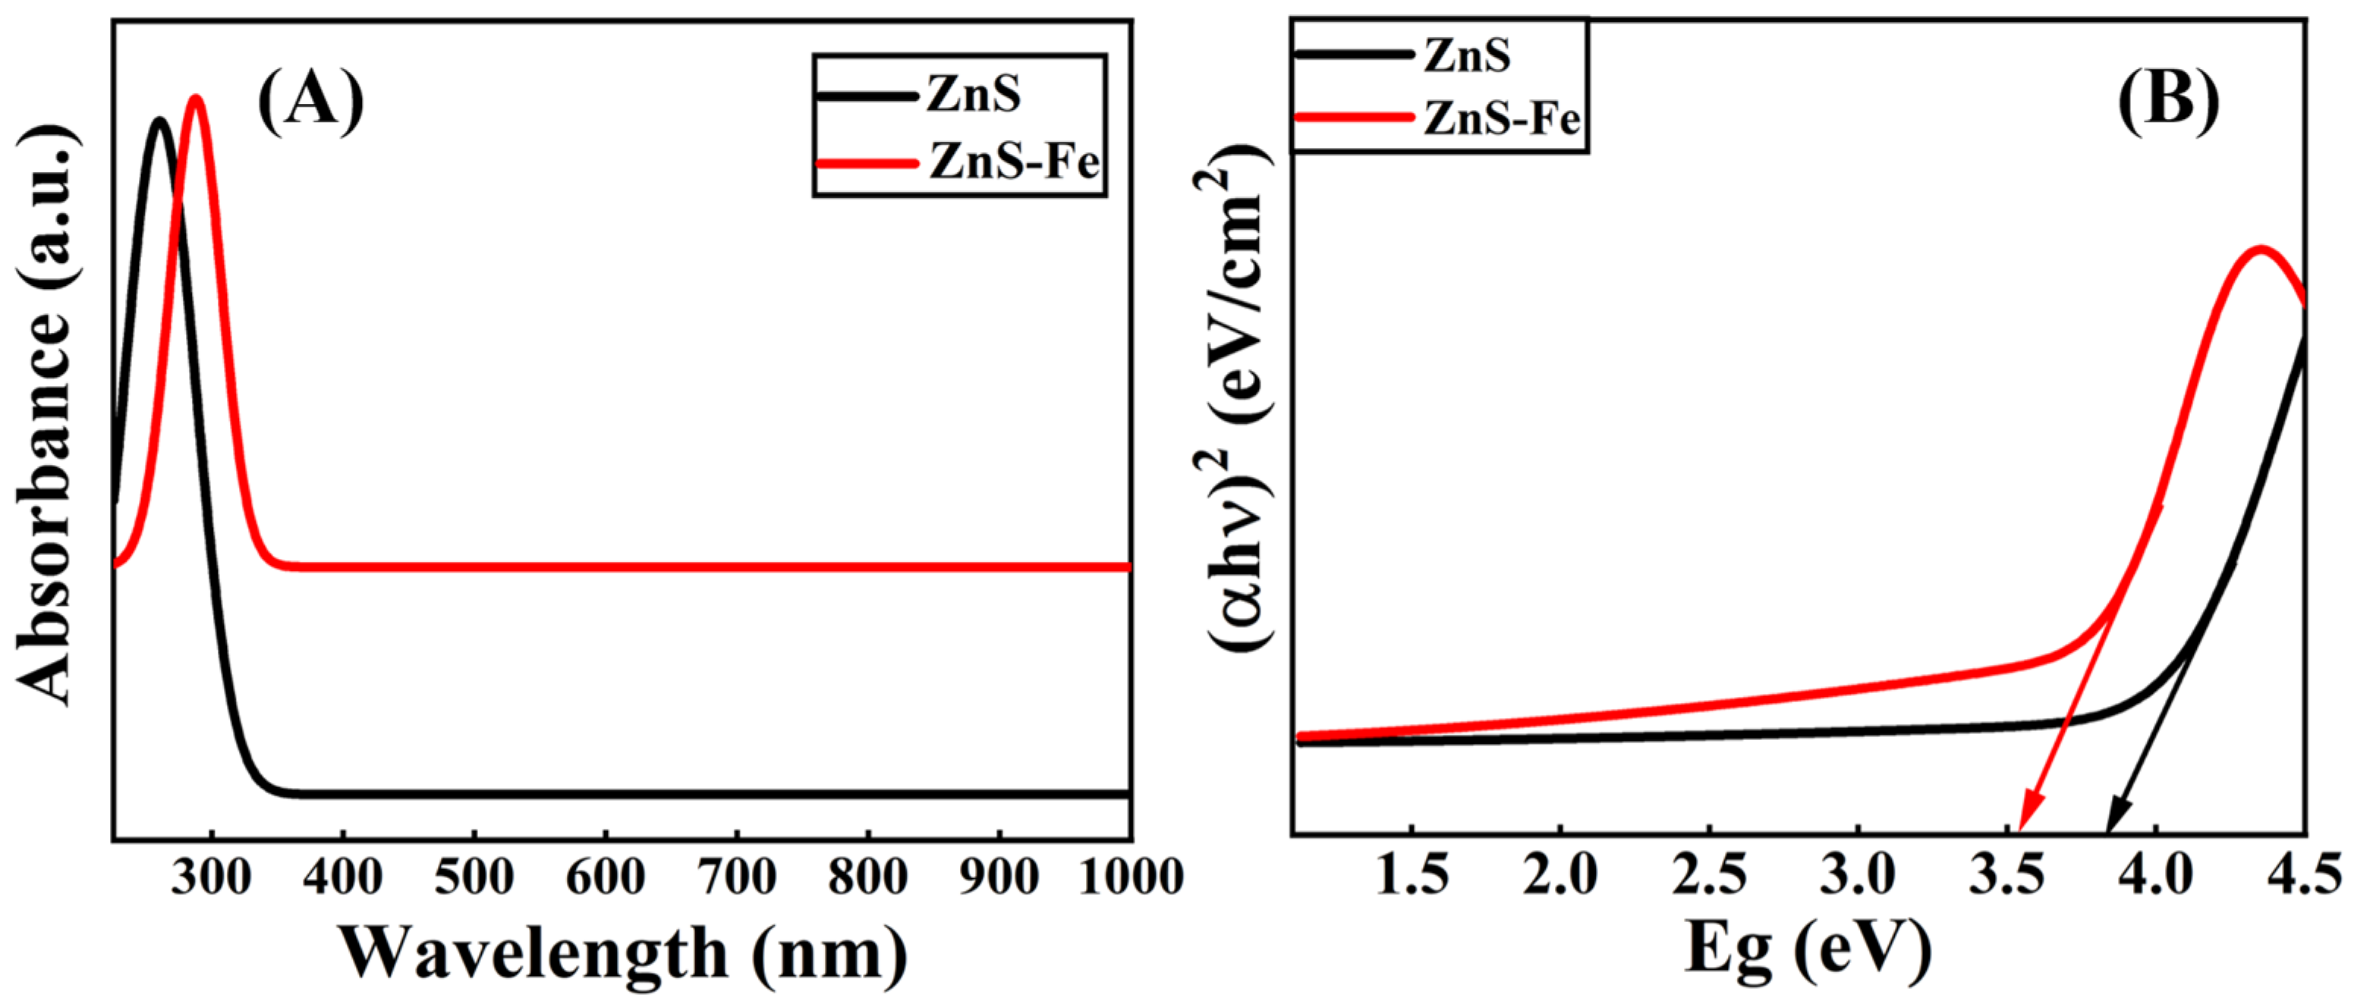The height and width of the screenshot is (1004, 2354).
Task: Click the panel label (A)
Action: tap(310, 102)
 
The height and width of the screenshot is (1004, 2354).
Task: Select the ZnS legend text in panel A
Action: tap(974, 95)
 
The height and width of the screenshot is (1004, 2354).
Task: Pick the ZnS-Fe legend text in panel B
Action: tap(1501, 119)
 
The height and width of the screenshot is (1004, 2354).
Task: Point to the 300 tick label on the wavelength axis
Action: tap(211, 877)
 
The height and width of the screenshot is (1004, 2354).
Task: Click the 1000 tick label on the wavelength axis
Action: tap(1131, 877)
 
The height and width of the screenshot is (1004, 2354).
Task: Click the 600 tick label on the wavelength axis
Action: tap(606, 877)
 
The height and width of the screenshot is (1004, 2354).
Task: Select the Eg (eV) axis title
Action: tap(1807, 950)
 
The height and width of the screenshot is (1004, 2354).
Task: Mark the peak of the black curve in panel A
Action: tap(161, 121)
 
